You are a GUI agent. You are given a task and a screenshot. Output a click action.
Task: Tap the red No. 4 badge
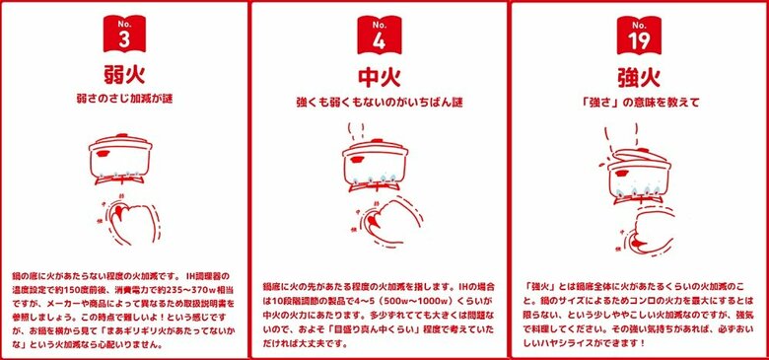(380, 34)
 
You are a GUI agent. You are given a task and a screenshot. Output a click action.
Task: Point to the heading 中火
(380, 76)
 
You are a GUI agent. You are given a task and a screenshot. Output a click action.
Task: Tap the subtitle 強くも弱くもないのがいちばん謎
(380, 102)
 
